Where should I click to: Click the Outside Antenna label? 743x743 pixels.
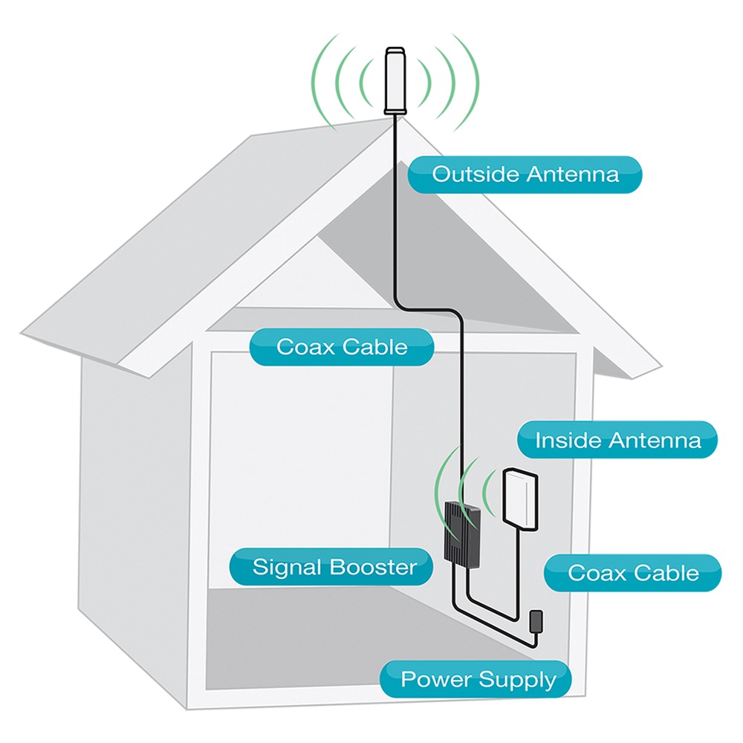pos(525,175)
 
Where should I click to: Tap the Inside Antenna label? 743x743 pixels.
pos(617,441)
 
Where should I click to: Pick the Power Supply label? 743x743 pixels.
pos(478,679)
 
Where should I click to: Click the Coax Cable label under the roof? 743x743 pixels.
pos(342,347)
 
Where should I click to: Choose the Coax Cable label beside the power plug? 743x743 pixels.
pos(633,573)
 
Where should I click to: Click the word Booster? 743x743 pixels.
pos(372,568)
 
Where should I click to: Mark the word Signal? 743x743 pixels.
pos(288,568)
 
